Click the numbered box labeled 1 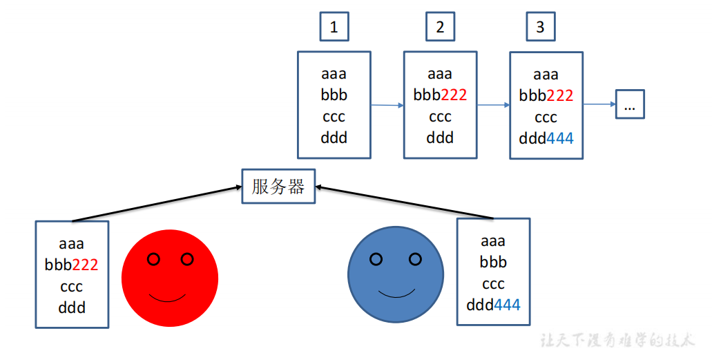pos(334,27)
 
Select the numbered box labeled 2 pos(440,27)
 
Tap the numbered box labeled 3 pos(540,27)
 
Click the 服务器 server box pos(278,187)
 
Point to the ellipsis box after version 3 pos(630,104)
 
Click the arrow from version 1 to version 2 pos(387,106)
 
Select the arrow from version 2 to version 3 pos(493,106)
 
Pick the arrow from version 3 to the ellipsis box pos(599,105)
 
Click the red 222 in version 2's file pos(454,95)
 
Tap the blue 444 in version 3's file pos(560,138)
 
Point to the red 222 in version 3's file pos(560,96)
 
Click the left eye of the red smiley pos(154,259)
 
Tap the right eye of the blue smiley pos(415,259)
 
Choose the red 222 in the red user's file pos(85,265)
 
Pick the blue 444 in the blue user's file pos(507,305)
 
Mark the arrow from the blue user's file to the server pos(404,202)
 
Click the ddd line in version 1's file pos(334,138)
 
